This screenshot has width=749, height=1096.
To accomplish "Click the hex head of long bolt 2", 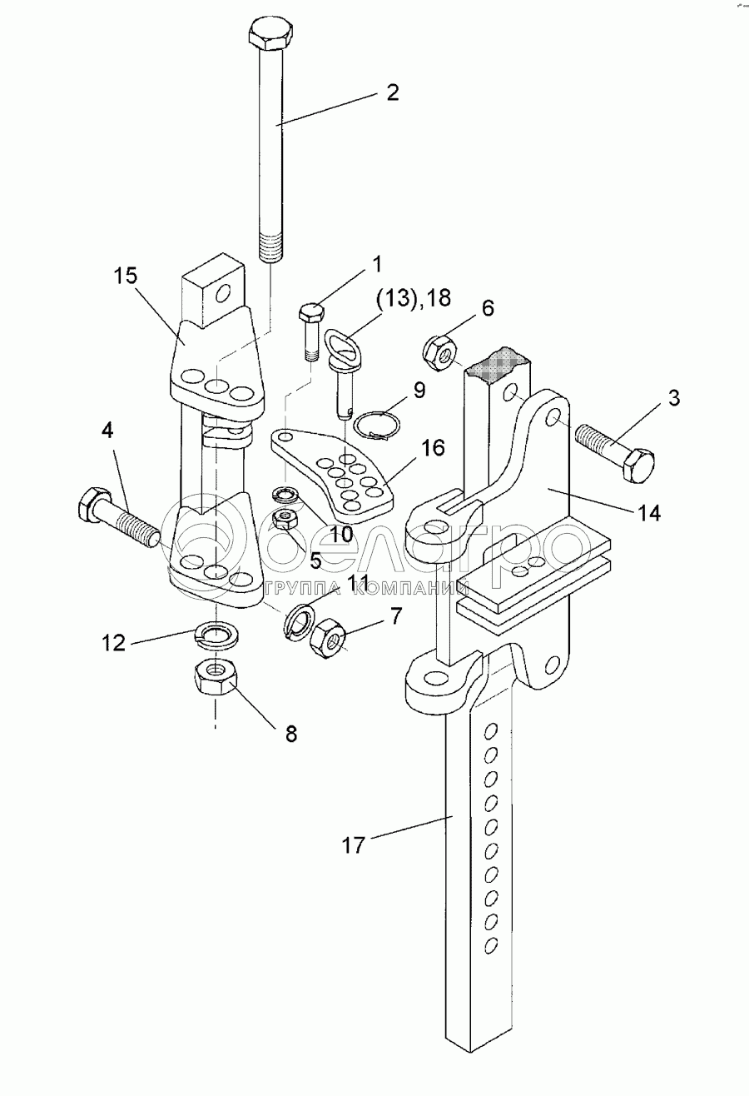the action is [x=271, y=35].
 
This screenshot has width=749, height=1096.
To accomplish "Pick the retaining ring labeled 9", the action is [x=375, y=421].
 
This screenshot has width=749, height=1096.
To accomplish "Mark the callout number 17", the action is [x=354, y=844].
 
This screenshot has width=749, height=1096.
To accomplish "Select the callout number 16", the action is [x=432, y=447].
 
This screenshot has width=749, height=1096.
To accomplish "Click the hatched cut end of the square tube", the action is [x=497, y=362].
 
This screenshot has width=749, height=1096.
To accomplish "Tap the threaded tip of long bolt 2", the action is [x=270, y=248].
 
